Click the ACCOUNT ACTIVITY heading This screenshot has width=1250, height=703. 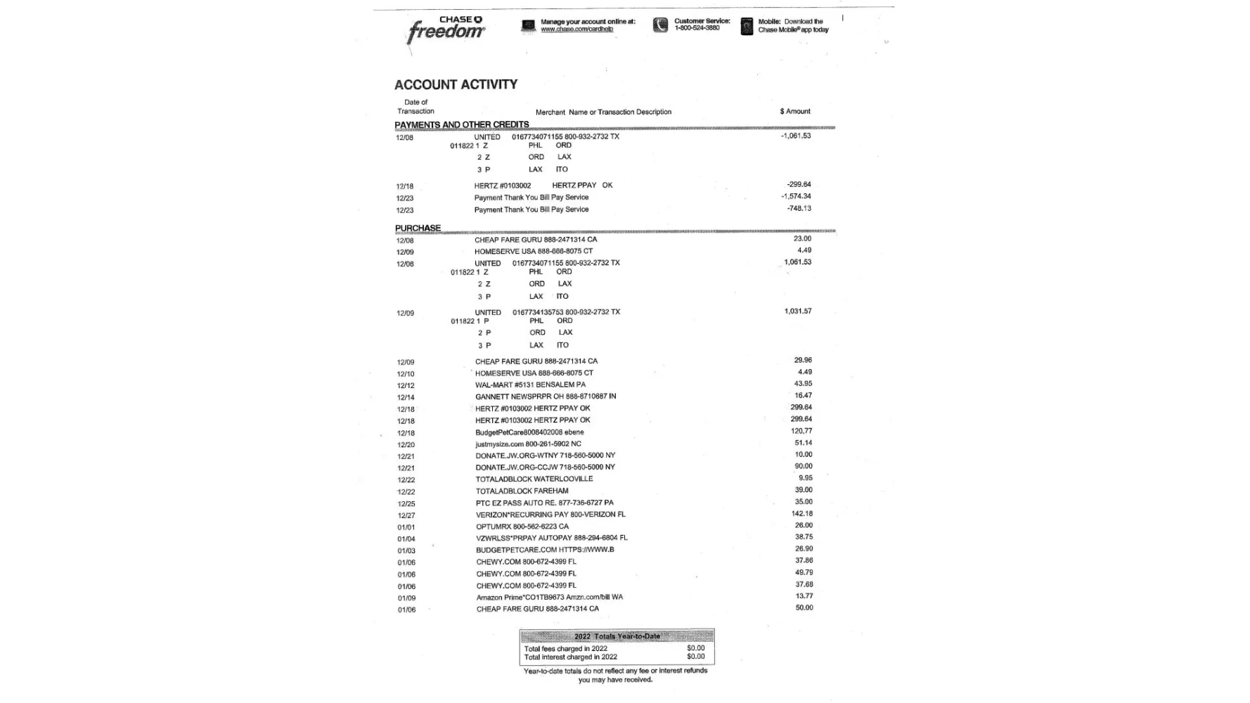(456, 85)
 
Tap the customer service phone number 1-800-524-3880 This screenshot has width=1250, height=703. (697, 29)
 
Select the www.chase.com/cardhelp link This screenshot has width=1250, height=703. (576, 30)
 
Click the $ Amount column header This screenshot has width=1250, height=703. (794, 112)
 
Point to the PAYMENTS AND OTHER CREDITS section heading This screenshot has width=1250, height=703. (461, 125)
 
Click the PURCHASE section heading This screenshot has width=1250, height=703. (418, 228)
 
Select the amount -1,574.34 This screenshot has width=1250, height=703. (796, 197)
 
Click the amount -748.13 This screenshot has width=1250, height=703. (799, 209)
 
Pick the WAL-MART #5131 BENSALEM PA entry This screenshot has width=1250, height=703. (530, 385)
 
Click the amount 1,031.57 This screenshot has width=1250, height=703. (797, 311)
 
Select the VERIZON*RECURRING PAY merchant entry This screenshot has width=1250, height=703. (550, 515)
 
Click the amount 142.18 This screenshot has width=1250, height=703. (802, 514)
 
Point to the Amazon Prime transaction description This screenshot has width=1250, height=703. (549, 598)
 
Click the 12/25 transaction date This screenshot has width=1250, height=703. (406, 504)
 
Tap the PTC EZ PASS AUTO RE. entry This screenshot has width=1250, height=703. (544, 503)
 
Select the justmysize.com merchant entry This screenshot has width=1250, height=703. (528, 444)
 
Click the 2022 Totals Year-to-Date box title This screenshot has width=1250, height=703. (617, 637)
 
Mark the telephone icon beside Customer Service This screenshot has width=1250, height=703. (660, 26)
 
